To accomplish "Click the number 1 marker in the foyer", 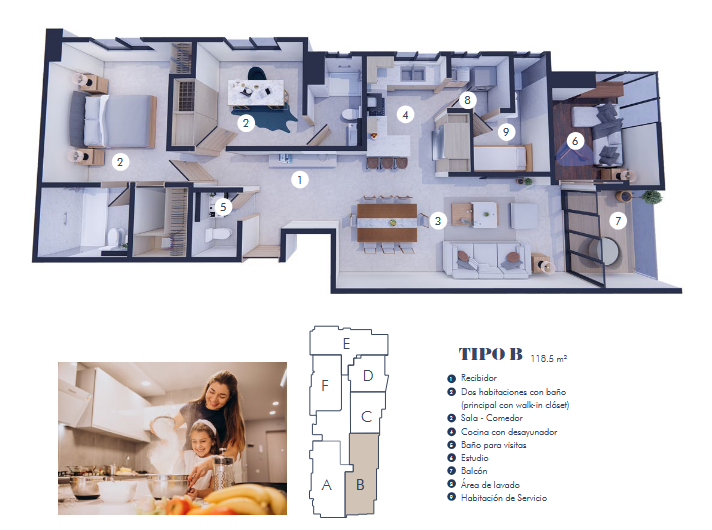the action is click(300, 180).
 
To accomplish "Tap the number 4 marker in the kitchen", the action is click(405, 115).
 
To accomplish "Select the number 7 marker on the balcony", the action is click(618, 221).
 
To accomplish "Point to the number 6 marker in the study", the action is click(575, 141).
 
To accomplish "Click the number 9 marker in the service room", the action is click(506, 132).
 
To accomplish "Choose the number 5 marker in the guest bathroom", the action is click(223, 207).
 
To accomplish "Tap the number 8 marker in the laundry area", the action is click(467, 99).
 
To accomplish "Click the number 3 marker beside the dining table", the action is click(438, 221).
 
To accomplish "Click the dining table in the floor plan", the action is click(387, 223).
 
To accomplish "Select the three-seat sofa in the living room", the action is click(484, 260).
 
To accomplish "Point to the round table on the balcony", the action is click(605, 251).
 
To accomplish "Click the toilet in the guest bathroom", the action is click(217, 234).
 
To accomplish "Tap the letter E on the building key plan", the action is click(346, 344).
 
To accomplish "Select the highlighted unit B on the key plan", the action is click(361, 474).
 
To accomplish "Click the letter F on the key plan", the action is click(325, 386).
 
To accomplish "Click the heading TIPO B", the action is click(490, 354).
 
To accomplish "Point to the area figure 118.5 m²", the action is click(549, 359).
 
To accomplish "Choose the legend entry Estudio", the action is click(475, 458).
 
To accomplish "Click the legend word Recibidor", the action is click(479, 378).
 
